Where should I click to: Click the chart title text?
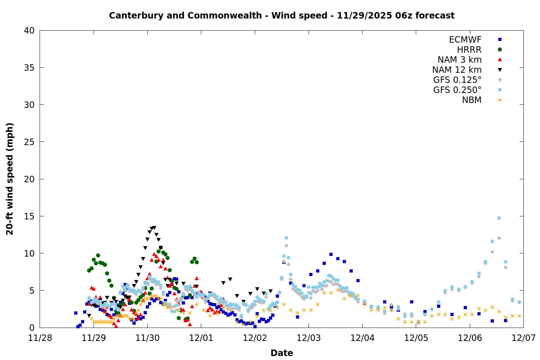282,15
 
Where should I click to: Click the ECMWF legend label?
465,40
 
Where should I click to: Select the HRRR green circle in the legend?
500,50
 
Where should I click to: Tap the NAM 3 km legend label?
459,60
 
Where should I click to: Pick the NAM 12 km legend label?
457,70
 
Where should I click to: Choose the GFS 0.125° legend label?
457,80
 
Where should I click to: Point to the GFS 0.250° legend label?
457,90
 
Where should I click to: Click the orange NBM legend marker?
500,100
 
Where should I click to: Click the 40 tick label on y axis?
29,31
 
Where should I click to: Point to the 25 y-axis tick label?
29,142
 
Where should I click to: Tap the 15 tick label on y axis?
29,216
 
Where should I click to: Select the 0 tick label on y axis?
32,328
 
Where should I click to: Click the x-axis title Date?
282,353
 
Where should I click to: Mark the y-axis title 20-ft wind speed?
10,179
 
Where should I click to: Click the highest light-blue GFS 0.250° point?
499,218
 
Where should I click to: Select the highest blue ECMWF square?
331,255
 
